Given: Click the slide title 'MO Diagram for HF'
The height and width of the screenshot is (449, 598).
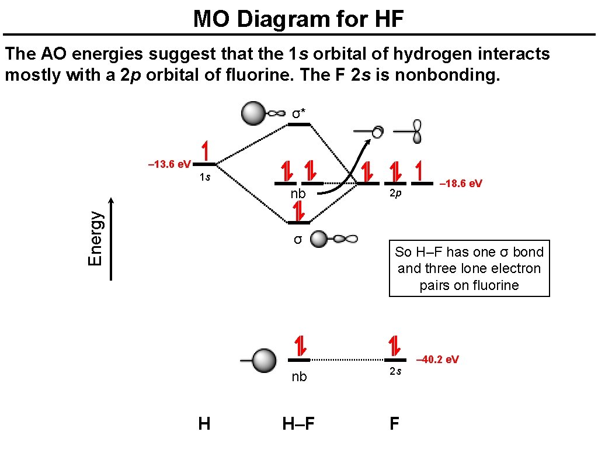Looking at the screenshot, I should click(298, 19).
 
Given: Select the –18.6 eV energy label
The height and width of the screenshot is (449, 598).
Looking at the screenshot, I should click(461, 184).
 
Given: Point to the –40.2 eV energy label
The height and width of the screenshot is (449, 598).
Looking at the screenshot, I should click(437, 359).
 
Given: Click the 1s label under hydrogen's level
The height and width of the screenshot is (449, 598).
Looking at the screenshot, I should click(204, 177).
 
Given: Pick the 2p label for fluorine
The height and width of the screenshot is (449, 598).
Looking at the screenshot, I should click(395, 194).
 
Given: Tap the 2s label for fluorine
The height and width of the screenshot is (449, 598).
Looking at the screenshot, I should click(395, 371).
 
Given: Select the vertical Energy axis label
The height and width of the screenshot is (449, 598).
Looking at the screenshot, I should click(96, 239).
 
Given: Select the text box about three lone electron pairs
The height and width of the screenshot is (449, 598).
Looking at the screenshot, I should click(469, 268).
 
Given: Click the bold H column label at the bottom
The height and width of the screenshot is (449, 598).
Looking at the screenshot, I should click(204, 423).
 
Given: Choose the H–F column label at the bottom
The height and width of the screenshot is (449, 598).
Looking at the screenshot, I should click(298, 423).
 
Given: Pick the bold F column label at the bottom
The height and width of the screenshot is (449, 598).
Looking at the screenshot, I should click(395, 423).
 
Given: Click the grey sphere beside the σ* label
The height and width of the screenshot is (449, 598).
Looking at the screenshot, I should click(253, 113).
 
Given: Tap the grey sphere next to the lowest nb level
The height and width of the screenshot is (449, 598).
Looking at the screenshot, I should click(264, 360).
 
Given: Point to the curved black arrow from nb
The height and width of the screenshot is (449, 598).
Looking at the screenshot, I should click(345, 170).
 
